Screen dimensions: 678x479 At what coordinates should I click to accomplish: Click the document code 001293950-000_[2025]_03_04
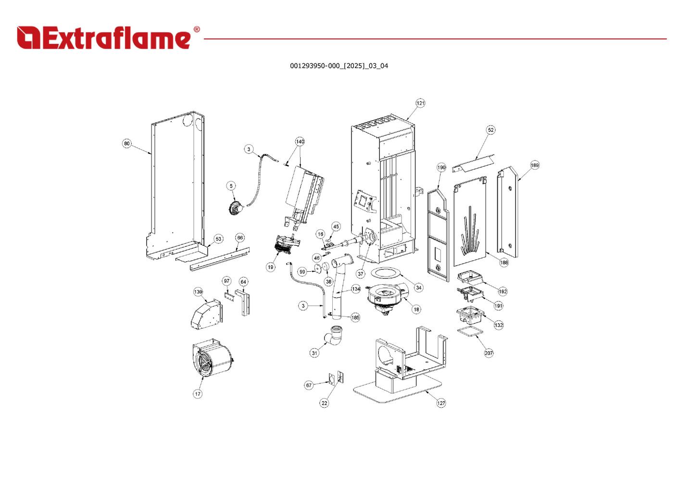339,66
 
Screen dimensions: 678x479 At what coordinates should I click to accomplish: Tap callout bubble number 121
420,103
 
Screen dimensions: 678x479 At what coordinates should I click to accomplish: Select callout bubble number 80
127,143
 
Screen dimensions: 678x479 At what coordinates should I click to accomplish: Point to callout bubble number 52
490,130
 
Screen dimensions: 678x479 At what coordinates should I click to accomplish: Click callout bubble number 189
535,165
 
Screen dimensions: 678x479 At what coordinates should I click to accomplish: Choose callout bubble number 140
300,142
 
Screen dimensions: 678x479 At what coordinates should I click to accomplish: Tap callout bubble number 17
198,394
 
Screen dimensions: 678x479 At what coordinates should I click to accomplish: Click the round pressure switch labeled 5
236,208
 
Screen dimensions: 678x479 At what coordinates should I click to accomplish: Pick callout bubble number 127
441,403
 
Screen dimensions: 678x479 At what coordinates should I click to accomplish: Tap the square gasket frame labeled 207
470,331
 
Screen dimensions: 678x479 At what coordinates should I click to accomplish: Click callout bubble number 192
503,291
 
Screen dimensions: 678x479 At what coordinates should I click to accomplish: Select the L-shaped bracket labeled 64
244,303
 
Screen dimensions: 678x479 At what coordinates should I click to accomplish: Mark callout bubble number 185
355,317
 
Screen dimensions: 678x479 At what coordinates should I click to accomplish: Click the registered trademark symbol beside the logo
197,29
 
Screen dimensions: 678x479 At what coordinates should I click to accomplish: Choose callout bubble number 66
240,238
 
